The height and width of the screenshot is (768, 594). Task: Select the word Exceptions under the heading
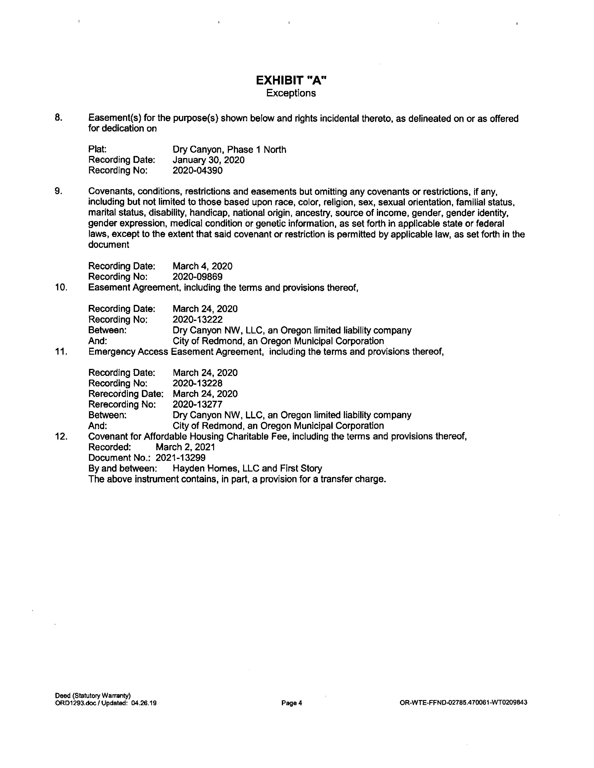pyautogui.click(x=291, y=93)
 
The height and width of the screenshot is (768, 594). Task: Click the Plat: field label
pyautogui.click(x=97, y=150)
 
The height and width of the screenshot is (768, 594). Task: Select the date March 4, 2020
pyautogui.click(x=202, y=266)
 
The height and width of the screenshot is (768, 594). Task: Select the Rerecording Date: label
pyautogui.click(x=126, y=394)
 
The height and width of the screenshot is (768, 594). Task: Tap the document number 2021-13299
pyautogui.click(x=181, y=458)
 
